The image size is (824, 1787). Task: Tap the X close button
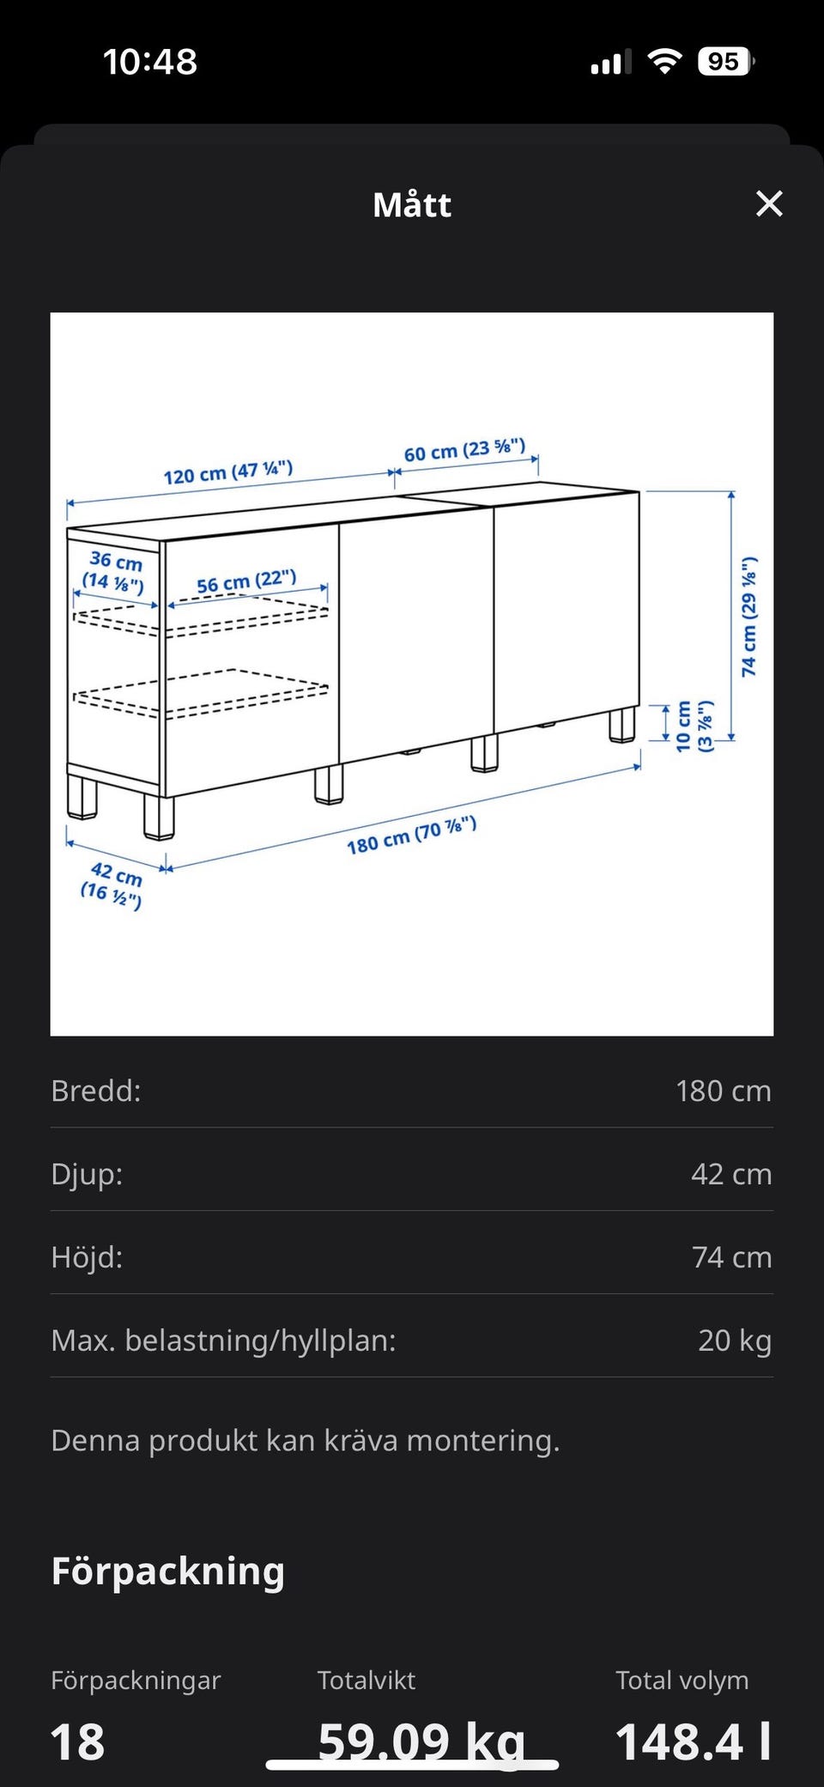point(769,204)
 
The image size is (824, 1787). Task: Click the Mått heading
point(412,204)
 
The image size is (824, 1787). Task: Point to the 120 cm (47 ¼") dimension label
point(228,472)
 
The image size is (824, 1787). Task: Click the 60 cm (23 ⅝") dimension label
point(464,450)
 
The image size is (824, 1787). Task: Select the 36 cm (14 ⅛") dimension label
point(114,572)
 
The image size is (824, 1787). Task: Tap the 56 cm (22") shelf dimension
point(246,581)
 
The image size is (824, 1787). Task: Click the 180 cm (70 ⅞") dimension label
point(411,836)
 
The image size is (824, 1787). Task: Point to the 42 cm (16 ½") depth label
point(112,885)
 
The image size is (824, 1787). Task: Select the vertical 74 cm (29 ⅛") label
point(749,616)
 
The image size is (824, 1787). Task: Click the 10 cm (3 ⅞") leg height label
point(694,726)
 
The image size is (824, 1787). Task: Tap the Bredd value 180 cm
point(724,1091)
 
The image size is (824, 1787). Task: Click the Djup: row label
point(87,1174)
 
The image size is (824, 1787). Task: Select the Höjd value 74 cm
point(732,1257)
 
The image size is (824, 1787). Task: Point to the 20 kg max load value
point(735,1340)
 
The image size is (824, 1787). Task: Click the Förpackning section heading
point(168,1571)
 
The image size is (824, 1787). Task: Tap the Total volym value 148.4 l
point(694,1741)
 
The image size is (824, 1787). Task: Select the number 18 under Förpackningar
point(77,1742)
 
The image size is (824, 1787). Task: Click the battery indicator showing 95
point(726,62)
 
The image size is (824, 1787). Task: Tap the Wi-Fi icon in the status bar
point(664,61)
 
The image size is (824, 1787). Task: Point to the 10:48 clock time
point(150,62)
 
